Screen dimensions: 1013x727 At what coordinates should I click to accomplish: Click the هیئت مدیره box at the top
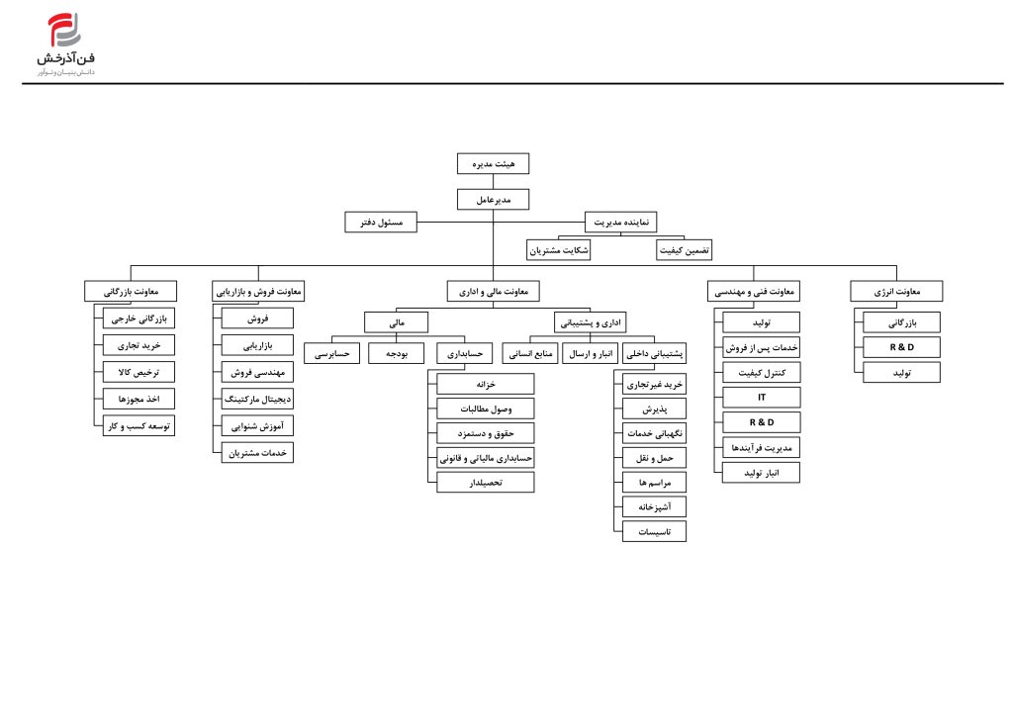coord(493,163)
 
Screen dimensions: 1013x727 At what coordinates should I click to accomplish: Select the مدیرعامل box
coord(493,199)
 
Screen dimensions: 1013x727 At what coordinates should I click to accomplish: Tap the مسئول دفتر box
coord(381,223)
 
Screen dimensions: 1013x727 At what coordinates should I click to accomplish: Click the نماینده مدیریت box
coord(621,223)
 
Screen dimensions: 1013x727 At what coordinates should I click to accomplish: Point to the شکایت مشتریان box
coord(558,250)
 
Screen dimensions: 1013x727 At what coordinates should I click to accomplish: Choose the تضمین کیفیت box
coord(685,250)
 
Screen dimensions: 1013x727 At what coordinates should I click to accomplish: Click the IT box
coord(761,398)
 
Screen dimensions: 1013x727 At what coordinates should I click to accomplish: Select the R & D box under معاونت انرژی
coord(901,347)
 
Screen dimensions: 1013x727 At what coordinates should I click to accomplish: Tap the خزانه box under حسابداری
coord(485,384)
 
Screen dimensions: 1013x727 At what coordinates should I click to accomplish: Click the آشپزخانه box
coord(654,506)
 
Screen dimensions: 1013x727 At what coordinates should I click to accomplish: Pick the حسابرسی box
coord(331,353)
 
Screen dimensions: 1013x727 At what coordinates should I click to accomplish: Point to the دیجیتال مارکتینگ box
coord(257,399)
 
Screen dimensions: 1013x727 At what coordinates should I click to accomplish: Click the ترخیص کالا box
coord(138,372)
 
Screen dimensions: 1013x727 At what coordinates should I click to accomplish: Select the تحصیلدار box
coord(485,482)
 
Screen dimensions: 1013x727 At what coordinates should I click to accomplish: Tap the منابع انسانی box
coord(530,353)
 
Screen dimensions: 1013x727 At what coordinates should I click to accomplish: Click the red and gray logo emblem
coord(64,30)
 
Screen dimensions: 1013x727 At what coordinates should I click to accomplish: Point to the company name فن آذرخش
coord(66,58)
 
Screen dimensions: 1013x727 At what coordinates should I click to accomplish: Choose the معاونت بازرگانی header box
coord(130,292)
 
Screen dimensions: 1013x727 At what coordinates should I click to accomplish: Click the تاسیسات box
coord(654,531)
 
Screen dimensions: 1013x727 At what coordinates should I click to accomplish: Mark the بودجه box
coord(396,353)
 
